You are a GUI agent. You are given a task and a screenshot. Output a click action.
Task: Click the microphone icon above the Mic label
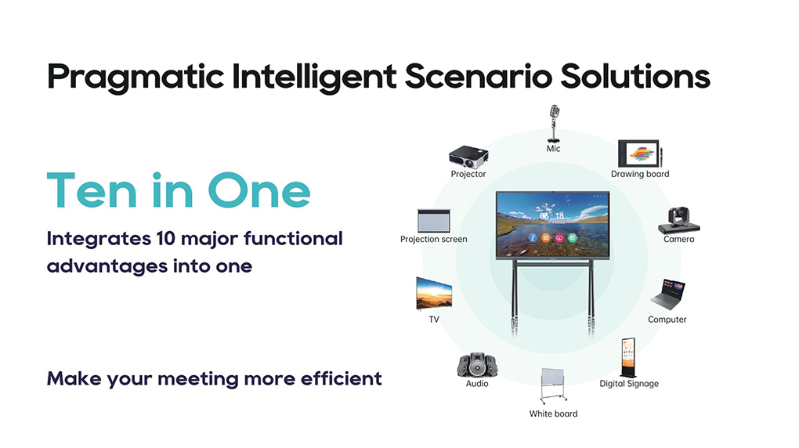coord(554,124)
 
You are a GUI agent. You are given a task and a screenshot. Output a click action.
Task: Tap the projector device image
coord(468,157)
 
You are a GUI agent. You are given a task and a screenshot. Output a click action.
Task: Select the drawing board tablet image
coord(640,154)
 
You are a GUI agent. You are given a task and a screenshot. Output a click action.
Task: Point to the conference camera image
coord(678,220)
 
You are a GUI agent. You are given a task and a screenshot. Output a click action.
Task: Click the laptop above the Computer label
coord(667,294)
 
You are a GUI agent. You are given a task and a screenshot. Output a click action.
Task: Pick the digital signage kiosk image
coord(628,357)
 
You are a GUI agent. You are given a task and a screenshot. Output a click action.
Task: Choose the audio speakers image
coord(477,365)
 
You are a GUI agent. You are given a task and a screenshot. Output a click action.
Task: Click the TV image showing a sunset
coord(434,294)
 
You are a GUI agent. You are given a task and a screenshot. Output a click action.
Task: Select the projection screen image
coord(434,221)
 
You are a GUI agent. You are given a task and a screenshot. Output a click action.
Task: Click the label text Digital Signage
coord(629,384)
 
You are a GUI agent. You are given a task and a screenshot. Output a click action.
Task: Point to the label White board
coord(553,414)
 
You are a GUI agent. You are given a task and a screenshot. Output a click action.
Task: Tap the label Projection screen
coord(434,239)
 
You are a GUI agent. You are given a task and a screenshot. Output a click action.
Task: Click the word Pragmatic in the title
coord(136,78)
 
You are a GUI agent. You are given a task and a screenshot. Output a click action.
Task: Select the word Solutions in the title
coord(635,76)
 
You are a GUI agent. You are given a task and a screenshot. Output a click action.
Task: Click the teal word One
coord(258,190)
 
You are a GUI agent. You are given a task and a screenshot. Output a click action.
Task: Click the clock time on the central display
coord(552,216)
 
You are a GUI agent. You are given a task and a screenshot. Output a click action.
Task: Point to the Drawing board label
coord(640,174)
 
